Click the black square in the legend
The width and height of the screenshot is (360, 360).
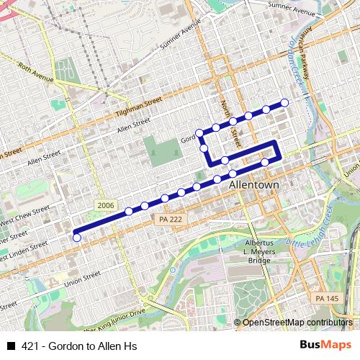coord(10,346)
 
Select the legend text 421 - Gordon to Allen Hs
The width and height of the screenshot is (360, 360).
coord(80,346)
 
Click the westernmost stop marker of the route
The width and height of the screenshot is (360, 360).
coord(77,238)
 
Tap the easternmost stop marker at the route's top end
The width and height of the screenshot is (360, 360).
coord(284,103)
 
